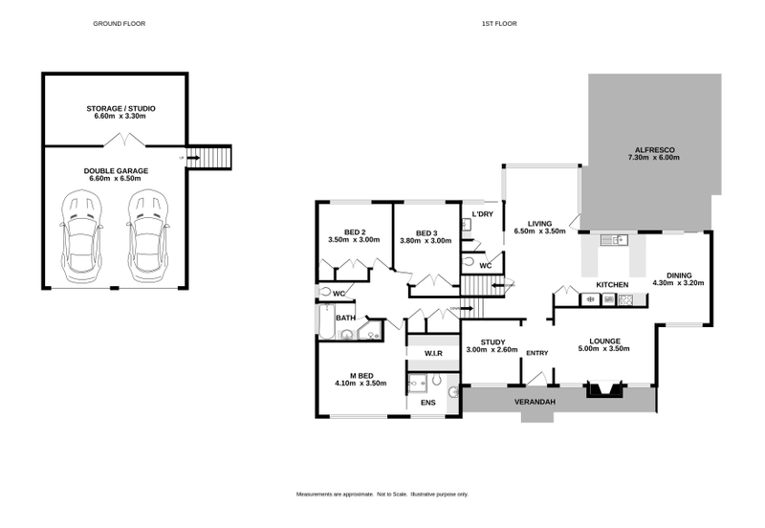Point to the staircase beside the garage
click(x=208, y=157)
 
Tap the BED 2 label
click(x=354, y=231)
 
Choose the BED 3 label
click(x=426, y=231)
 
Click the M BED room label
click(x=360, y=375)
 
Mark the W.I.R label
click(x=433, y=354)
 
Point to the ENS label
click(x=427, y=403)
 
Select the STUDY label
click(x=492, y=341)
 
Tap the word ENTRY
click(x=536, y=353)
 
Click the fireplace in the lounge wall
click(x=605, y=388)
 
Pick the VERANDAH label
click(x=535, y=402)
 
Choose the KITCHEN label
click(x=612, y=285)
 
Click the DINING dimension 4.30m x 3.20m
click(x=678, y=283)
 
